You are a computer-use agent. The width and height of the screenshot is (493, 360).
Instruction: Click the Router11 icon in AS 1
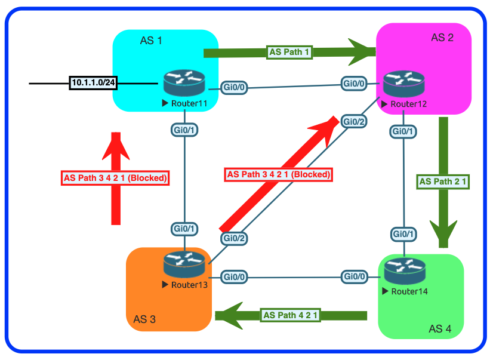point(184,84)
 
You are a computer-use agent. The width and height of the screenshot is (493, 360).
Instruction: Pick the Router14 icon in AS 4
point(404,272)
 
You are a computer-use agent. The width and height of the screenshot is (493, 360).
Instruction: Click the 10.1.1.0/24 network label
point(93,83)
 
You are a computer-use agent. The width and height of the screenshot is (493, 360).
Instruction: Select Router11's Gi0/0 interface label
point(234,87)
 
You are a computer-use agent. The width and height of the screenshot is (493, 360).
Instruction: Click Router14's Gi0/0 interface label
point(354,276)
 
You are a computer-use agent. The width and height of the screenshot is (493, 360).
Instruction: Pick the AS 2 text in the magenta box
point(442,38)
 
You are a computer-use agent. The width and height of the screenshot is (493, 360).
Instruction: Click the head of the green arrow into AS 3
point(227,315)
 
